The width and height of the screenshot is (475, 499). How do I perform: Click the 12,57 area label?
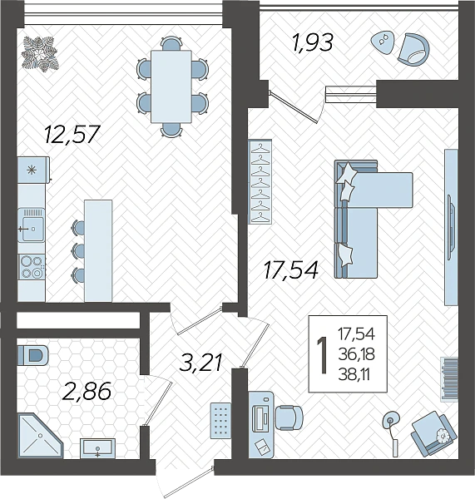(72, 134)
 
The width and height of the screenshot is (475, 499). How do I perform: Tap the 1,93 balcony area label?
(313, 42)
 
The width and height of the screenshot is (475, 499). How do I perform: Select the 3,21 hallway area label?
(200, 363)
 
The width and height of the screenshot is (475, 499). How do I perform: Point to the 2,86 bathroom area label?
(87, 391)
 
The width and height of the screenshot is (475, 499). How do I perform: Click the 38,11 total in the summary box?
(354, 374)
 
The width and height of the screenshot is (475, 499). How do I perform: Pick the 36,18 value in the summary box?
(356, 354)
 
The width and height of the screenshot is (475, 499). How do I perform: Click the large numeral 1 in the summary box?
(322, 355)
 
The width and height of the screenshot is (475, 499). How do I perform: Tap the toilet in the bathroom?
(32, 355)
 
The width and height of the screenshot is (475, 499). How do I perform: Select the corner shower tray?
(40, 436)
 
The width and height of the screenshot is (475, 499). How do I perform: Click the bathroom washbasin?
(97, 448)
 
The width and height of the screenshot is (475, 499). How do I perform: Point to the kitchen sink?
(32, 225)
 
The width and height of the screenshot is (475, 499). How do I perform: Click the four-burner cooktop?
(32, 267)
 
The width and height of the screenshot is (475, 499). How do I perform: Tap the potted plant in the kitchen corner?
(40, 54)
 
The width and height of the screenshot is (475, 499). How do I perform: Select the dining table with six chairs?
(172, 86)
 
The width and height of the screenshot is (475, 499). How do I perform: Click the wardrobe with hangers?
(260, 181)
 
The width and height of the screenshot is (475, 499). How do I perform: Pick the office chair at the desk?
(289, 417)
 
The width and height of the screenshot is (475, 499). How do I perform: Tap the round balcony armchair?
(413, 49)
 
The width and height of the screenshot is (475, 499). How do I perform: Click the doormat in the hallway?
(220, 420)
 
